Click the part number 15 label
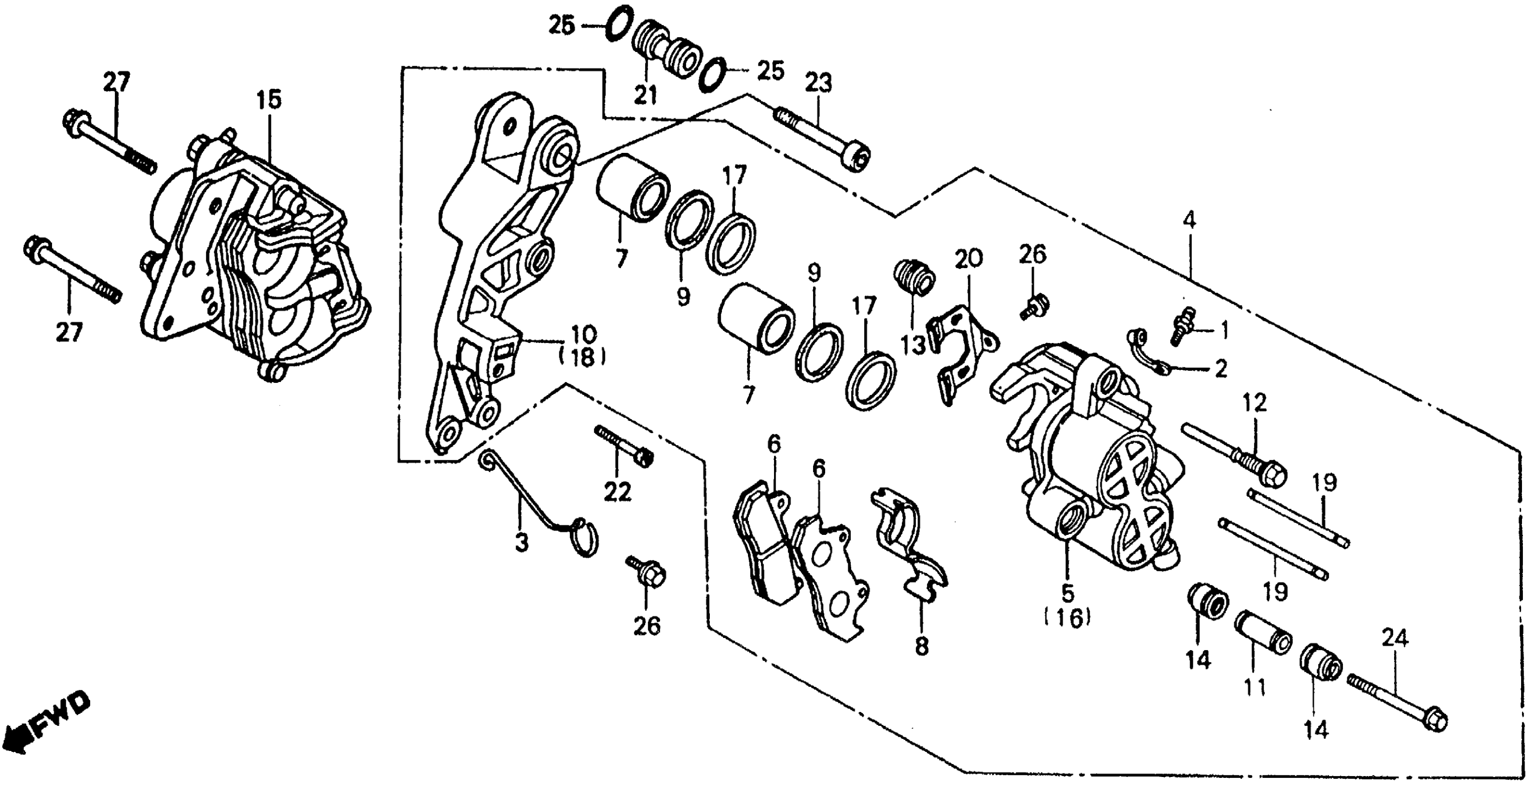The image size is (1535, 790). pyautogui.click(x=269, y=100)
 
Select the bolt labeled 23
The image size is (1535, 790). pyautogui.click(x=822, y=138)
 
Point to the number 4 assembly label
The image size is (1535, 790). pyautogui.click(x=1188, y=220)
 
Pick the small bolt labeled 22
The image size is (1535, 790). pyautogui.click(x=623, y=444)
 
